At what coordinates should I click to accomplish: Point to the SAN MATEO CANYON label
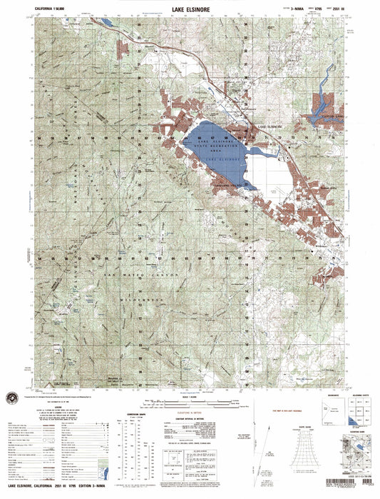pyautogui.click(x=128, y=275)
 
